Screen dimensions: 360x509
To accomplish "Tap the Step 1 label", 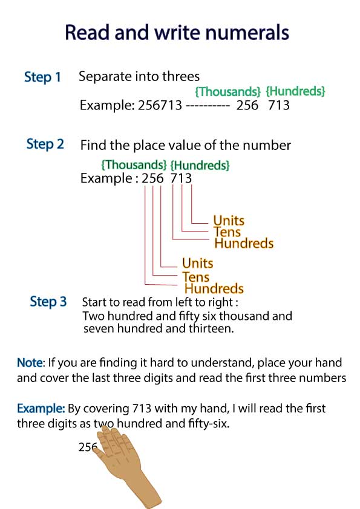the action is [42, 77].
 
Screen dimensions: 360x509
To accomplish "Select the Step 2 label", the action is [45, 144].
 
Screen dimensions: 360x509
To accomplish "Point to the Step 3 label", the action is [48, 302].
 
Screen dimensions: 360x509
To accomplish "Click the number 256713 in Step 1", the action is [160, 105].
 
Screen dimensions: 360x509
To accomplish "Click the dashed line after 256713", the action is [208, 106].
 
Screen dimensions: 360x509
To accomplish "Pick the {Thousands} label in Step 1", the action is [227, 91].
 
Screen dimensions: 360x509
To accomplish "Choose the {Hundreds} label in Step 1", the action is [295, 91].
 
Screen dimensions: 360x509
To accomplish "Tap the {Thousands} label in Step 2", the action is [134, 164].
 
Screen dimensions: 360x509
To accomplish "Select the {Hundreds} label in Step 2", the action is [200, 165].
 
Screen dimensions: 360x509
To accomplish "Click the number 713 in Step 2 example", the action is [181, 178].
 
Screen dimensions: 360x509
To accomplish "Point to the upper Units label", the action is [229, 221].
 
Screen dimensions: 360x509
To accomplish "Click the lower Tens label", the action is [195, 277].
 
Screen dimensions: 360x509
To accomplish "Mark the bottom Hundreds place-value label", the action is [214, 288].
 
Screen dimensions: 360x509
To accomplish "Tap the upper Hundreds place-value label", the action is [244, 243].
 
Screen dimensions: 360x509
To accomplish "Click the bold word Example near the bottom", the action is [41, 409].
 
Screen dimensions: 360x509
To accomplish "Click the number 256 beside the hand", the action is [88, 447].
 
